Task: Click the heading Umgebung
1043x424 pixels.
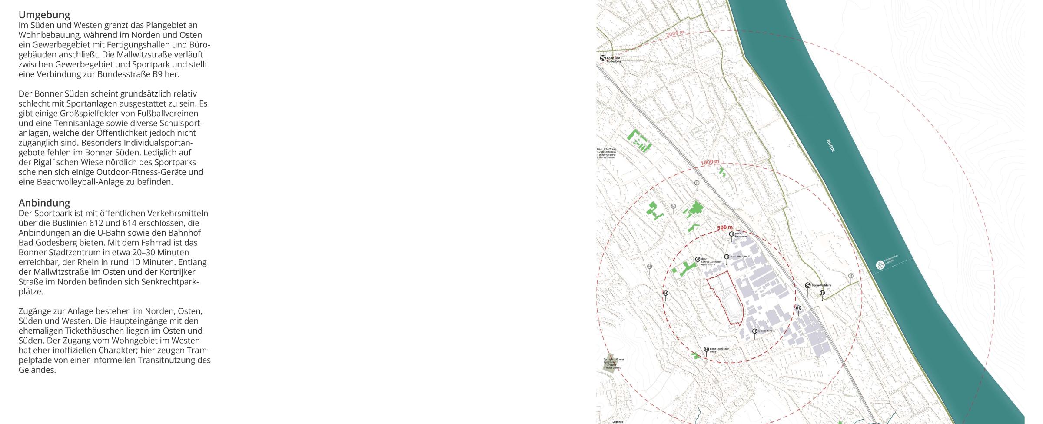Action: tap(44, 15)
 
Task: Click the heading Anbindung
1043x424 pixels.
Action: tap(44, 203)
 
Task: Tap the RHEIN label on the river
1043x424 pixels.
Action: tap(830, 145)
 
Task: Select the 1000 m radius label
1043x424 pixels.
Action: tap(710, 162)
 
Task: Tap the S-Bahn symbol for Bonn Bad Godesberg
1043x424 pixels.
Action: tap(603, 58)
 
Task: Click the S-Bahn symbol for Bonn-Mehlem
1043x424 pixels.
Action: tap(807, 285)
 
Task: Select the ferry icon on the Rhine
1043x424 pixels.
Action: tap(880, 265)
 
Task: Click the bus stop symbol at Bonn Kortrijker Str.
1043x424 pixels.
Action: tap(727, 257)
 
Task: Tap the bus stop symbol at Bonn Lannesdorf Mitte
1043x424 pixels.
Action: tap(706, 349)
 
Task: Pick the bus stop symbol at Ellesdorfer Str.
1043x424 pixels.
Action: tap(754, 331)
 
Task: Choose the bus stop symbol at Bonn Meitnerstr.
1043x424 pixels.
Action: tap(731, 234)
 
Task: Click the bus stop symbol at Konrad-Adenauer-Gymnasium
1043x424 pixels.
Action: tap(698, 259)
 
